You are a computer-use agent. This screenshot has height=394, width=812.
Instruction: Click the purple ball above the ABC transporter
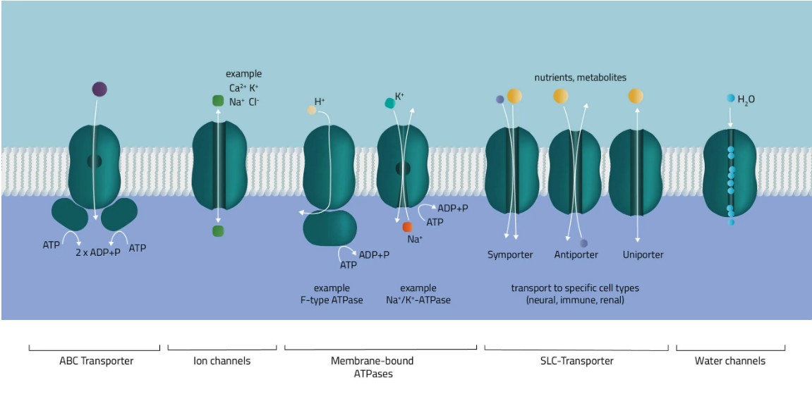[99, 89]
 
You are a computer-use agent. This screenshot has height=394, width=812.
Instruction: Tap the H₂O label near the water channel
[746, 100]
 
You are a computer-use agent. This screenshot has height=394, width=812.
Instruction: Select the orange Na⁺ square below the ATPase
[407, 227]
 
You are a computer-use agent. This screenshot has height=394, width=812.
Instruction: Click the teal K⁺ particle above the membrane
[389, 103]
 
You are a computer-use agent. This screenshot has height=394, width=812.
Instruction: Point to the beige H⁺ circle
[311, 110]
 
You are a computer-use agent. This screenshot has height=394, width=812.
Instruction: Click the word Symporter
[509, 254]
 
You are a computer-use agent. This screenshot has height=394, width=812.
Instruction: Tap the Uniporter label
[643, 254]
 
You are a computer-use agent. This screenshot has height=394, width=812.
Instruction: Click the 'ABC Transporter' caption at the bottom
[96, 361]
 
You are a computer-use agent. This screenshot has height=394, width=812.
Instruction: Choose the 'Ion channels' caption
[222, 361]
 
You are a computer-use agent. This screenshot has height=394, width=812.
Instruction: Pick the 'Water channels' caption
[730, 361]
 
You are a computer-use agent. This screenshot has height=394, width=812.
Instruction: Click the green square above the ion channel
[218, 101]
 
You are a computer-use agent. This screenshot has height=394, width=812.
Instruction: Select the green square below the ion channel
[218, 231]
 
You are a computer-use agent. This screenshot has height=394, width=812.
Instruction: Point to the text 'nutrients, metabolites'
[580, 78]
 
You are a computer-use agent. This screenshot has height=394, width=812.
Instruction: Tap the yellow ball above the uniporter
[636, 96]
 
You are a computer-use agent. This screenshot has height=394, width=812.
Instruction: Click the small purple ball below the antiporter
[584, 243]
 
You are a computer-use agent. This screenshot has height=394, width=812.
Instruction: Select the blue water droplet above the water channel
[731, 99]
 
